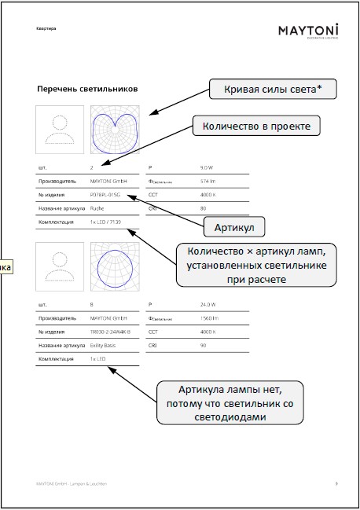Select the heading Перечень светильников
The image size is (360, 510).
[86, 90]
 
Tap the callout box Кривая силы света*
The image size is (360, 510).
[272, 90]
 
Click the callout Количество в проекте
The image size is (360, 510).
[256, 126]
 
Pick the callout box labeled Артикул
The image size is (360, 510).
[233, 227]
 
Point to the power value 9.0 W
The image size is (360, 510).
[207, 167]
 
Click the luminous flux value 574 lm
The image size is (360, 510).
[208, 181]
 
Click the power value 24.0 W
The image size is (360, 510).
[208, 303]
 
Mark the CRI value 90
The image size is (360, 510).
[203, 344]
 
